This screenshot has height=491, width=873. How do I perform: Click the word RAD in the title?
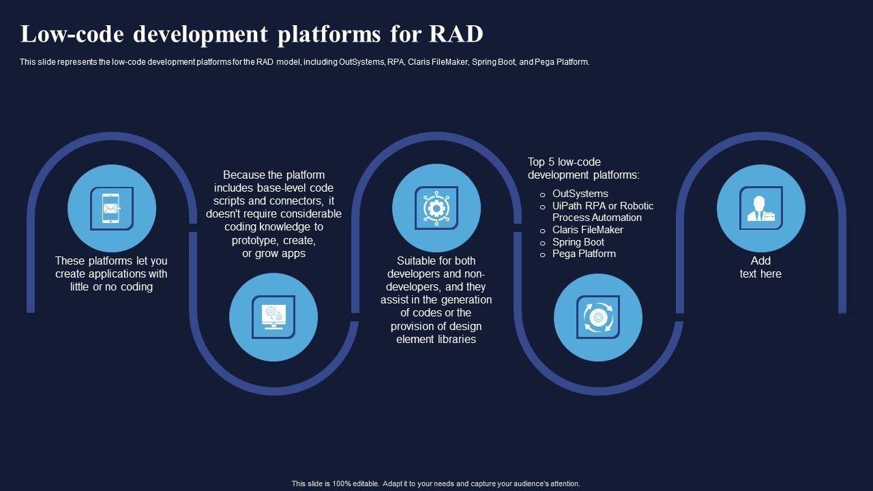[456, 34]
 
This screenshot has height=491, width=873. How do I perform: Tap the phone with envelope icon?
[111, 209]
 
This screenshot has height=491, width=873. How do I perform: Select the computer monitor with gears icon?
[273, 317]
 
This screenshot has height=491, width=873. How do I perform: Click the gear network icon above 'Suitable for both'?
[436, 209]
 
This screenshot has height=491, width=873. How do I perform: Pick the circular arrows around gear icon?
[598, 317]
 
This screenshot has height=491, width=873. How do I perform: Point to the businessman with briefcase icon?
[760, 209]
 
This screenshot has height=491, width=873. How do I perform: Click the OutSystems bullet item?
[580, 194]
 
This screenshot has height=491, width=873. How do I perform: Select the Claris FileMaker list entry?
[588, 230]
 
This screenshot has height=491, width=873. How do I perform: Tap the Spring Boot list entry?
[578, 242]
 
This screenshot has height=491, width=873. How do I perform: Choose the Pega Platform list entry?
[584, 254]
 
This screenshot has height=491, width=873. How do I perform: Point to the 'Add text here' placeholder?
[760, 267]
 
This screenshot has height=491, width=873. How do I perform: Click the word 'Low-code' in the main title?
[72, 34]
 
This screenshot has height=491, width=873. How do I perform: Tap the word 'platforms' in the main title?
[329, 34]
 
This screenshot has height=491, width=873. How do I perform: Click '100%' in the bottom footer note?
[342, 483]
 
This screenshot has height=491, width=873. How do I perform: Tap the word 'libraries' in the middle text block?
[456, 340]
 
